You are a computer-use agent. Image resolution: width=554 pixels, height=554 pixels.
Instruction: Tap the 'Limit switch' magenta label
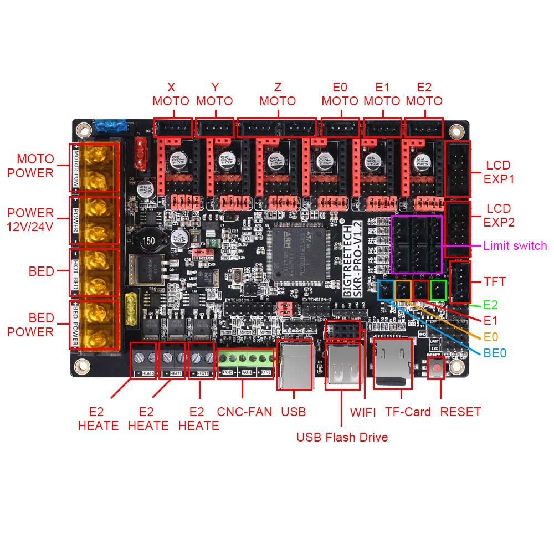pos(515,245)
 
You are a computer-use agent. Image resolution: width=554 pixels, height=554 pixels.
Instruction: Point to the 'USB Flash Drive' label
pos(342,437)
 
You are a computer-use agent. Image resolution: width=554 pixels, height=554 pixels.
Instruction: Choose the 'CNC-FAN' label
pos(244,412)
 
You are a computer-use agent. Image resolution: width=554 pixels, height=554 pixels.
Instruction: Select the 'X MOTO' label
pos(171,94)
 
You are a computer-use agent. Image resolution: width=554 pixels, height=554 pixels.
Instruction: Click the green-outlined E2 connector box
pos(438,290)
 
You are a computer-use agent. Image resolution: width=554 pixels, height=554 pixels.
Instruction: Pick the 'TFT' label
pos(495,281)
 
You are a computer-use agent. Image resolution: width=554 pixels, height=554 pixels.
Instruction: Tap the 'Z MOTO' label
pos(277,94)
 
